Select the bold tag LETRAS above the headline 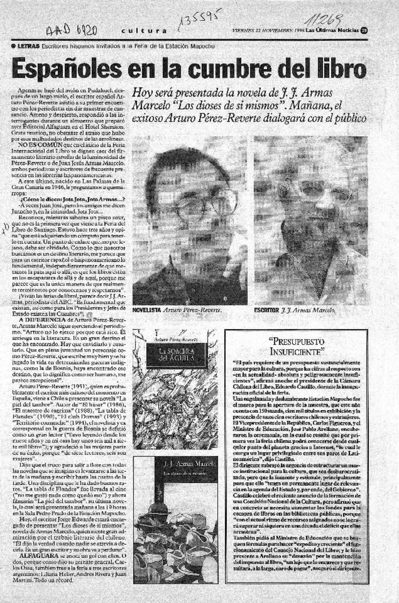[x=29, y=46]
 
